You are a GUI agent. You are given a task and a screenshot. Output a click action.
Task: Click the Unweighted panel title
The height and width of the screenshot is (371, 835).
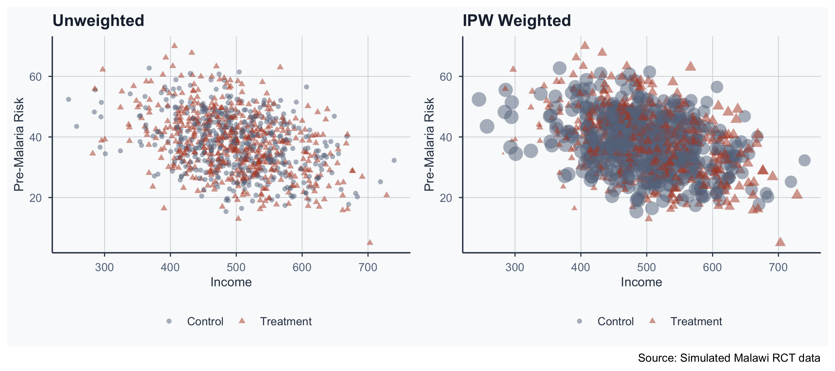click(98, 21)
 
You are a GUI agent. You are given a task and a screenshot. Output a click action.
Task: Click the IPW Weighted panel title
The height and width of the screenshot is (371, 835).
click(516, 21)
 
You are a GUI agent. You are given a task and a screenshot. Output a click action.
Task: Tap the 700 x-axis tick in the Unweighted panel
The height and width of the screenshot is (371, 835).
click(368, 267)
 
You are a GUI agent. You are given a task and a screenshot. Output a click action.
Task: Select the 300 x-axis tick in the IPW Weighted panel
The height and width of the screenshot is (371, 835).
click(515, 267)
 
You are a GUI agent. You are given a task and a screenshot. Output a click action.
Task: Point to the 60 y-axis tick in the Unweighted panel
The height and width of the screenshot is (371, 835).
click(35, 77)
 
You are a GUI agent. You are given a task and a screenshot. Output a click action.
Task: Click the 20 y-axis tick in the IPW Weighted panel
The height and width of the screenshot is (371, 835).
click(446, 198)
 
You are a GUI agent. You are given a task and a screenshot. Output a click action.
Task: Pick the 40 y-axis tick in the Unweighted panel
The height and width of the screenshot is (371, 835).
click(35, 137)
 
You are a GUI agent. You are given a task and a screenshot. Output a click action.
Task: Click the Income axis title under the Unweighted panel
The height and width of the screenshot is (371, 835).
click(231, 282)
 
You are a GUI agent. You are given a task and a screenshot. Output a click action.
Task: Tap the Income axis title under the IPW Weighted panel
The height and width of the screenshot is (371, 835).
click(641, 282)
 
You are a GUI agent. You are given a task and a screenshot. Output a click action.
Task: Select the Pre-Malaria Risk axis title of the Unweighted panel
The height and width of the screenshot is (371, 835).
click(19, 144)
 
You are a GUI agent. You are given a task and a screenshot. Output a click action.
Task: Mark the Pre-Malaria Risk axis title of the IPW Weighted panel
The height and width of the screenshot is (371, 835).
click(429, 144)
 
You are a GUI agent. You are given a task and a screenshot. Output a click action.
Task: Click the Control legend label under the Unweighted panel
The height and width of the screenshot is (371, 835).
click(205, 322)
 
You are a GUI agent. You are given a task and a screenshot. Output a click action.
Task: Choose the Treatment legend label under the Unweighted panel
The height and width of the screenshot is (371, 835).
click(285, 322)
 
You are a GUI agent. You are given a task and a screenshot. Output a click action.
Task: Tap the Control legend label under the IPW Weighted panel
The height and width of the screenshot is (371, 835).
click(615, 322)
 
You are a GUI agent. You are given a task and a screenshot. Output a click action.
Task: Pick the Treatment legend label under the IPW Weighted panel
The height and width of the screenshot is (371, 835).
click(696, 322)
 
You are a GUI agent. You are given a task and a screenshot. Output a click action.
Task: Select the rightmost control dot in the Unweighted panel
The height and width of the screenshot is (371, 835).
click(394, 160)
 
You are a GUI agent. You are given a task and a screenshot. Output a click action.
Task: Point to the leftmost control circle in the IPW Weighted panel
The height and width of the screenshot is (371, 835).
click(479, 100)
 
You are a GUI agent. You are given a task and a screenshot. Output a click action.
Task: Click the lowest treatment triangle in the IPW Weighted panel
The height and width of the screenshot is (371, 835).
click(780, 242)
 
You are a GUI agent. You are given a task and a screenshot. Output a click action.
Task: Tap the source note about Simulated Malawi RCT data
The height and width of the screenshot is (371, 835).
click(729, 358)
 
